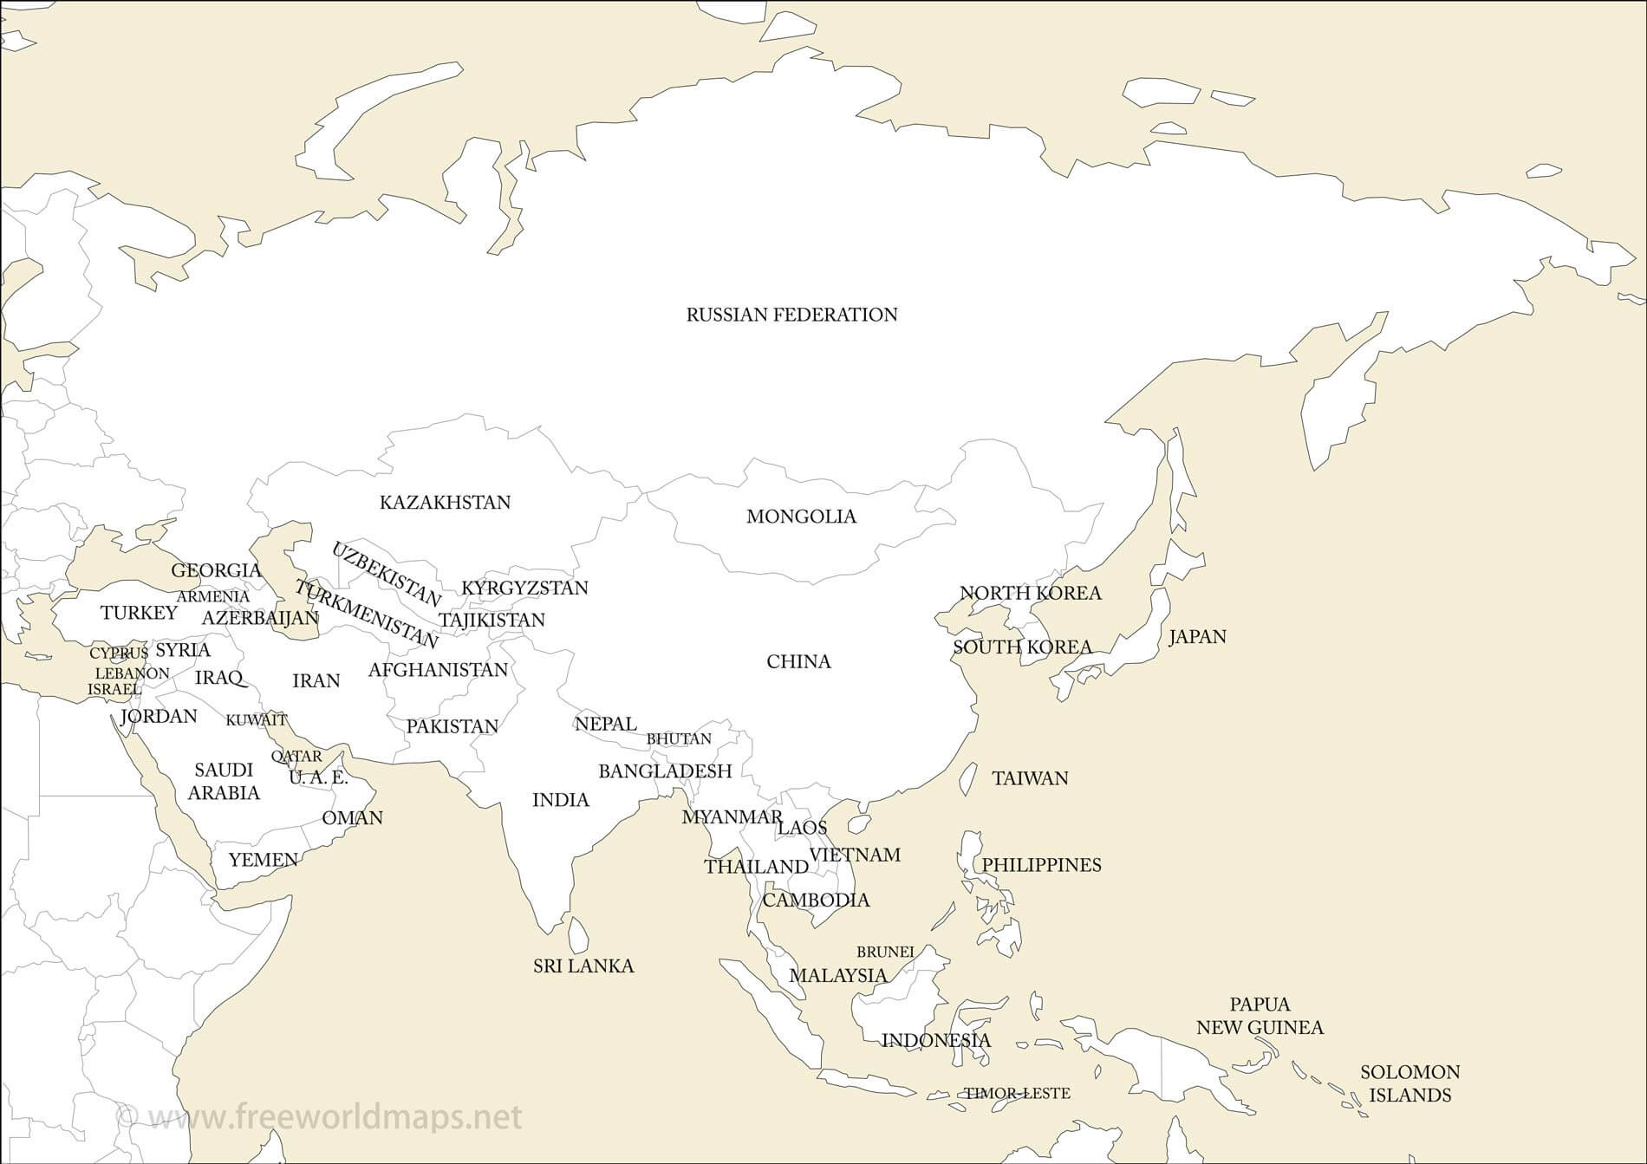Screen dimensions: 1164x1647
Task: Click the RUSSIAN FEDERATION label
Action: [x=791, y=315]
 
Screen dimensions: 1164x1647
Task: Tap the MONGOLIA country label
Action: [x=801, y=517]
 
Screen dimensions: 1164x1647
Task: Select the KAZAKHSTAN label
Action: [x=445, y=503]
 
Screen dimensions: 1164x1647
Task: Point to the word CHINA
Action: [x=798, y=662]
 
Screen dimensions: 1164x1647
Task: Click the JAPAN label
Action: [x=1197, y=637]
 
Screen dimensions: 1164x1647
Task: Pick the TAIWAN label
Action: [x=1030, y=778]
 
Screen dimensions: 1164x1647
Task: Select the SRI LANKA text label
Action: [x=583, y=966]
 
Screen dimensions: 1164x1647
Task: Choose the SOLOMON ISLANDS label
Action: [x=1409, y=1083]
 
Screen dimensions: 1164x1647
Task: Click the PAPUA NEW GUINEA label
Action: [x=1260, y=1016]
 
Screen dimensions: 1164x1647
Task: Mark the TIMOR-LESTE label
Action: [x=1017, y=1094]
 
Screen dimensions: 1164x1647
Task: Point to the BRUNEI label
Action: [x=885, y=952]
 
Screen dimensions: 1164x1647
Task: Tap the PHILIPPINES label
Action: [x=1041, y=865]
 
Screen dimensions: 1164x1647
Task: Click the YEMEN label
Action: [x=264, y=860]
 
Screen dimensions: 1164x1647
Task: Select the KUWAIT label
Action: [x=256, y=720]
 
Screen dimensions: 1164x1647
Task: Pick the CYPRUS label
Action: [x=119, y=653]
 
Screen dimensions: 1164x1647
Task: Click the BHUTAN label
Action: [x=679, y=738]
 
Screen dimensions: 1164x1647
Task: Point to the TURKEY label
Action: [x=139, y=614]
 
